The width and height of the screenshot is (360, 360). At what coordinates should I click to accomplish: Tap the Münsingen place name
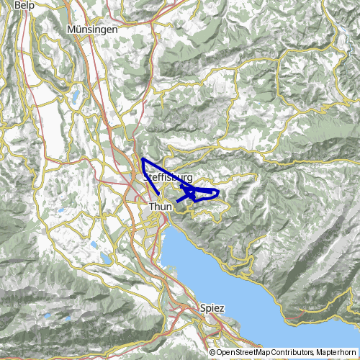91,29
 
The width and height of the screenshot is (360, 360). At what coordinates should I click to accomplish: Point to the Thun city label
159,207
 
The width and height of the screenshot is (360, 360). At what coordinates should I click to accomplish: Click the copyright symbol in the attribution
212,353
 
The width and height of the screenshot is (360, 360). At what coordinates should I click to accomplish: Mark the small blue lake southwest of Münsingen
75,94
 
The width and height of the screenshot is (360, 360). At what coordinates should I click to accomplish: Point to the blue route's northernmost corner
143,158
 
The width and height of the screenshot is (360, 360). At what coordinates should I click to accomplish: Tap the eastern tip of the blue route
219,192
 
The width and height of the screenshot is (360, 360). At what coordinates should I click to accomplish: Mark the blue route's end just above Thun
158,194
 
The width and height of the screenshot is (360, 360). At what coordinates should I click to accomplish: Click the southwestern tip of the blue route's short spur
178,201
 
